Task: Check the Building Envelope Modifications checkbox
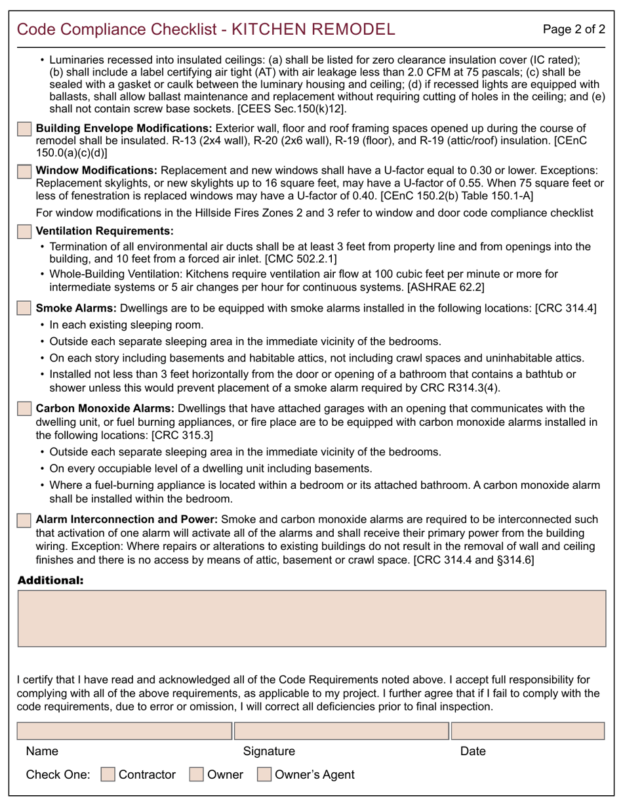(x=24, y=129)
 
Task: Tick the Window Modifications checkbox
(x=24, y=171)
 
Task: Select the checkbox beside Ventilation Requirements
(x=24, y=231)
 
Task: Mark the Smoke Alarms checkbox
(x=24, y=308)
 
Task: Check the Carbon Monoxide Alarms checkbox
(x=24, y=409)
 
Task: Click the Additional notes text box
(x=311, y=618)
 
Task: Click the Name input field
(x=124, y=731)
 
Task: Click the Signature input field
(x=341, y=731)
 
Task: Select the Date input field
(x=528, y=731)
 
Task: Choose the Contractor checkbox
(x=108, y=774)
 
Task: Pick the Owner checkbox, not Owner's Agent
(x=196, y=774)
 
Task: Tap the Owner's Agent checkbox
(x=264, y=774)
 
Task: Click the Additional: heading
(x=50, y=580)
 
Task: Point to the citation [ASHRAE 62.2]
(x=446, y=286)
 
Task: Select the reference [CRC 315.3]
(x=182, y=434)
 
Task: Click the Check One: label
(x=58, y=774)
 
